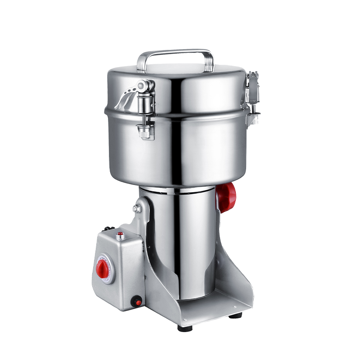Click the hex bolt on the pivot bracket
coord(136,208)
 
